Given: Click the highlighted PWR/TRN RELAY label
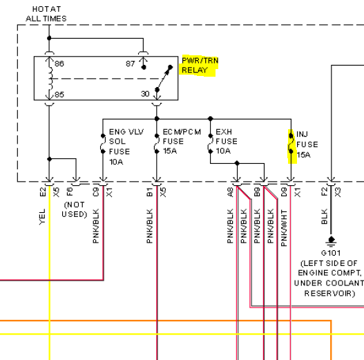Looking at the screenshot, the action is (200, 65).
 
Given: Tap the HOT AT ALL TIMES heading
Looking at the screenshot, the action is (46, 14).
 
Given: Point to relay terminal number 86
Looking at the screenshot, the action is (59, 64).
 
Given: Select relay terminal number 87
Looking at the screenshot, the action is (131, 64).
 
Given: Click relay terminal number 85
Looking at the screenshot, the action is (59, 95).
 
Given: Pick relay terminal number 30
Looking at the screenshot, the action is (145, 94).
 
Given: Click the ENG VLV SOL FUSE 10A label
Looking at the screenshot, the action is (126, 146).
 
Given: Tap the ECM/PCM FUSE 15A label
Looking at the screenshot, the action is (182, 142).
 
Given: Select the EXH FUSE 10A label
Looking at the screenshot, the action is (227, 142).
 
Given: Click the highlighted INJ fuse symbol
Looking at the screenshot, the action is (291, 144).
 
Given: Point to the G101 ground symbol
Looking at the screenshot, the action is (331, 241).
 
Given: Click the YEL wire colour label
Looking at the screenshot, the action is (42, 217).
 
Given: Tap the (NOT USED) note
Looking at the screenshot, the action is (75, 209).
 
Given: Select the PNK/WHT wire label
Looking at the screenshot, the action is (284, 228).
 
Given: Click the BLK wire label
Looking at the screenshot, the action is (325, 216).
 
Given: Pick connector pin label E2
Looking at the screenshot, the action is (43, 192).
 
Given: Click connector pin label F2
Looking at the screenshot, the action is (325, 192).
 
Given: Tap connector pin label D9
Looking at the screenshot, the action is (284, 192).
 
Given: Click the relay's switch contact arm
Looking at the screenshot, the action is (164, 78).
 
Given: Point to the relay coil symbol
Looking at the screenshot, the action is (50, 79).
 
